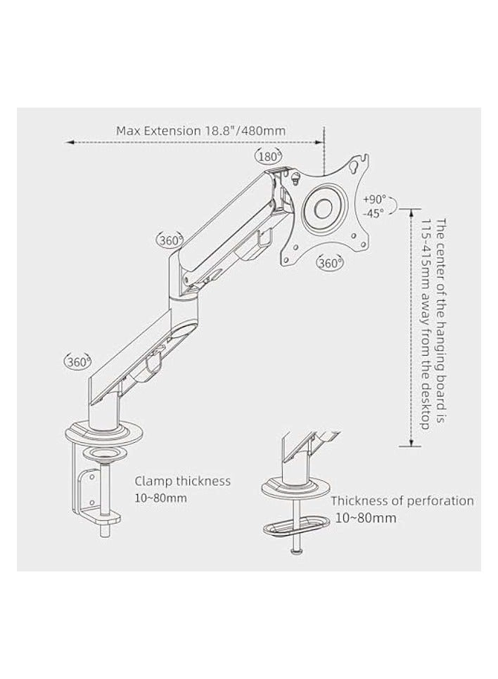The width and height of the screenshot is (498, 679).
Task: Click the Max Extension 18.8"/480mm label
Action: pos(200,130)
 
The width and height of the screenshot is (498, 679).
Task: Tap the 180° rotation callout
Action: pos(269,157)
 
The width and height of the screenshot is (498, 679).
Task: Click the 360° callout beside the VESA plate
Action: pos(330,264)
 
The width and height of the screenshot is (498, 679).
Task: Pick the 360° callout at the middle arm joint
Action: pos(170,240)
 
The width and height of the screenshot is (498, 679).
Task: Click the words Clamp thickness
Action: pos(182,481)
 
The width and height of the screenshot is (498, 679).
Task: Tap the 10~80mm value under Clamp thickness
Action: pos(161,498)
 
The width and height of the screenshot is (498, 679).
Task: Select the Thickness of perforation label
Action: pos(402,501)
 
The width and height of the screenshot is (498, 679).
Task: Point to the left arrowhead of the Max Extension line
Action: pos(69,143)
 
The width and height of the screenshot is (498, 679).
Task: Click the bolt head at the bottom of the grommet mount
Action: pos(293,553)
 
